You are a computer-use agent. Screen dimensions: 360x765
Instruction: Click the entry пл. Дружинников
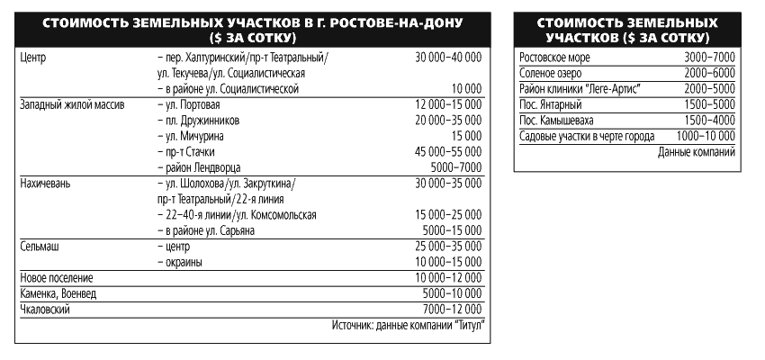click(x=199, y=120)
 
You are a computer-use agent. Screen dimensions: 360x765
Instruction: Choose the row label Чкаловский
click(x=44, y=309)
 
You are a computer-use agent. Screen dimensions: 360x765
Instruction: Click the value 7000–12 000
click(x=452, y=309)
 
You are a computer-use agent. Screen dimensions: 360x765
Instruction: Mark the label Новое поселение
click(x=57, y=277)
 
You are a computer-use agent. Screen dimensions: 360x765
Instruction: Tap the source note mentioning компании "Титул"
click(x=408, y=325)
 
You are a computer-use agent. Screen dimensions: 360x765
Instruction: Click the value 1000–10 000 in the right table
click(x=706, y=136)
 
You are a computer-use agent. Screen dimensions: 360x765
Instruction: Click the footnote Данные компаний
click(x=697, y=152)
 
